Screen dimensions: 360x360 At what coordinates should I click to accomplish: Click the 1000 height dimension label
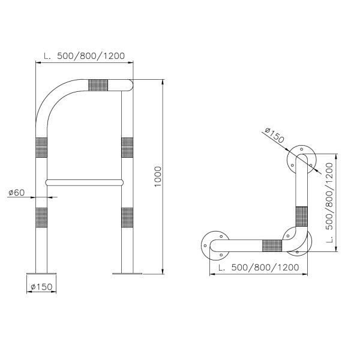click(x=158, y=176)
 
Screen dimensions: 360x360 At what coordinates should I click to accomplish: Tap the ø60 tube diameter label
click(x=16, y=193)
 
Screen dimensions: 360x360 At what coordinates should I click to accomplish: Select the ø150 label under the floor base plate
click(x=41, y=287)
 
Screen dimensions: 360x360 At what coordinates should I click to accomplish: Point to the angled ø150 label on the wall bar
click(x=275, y=135)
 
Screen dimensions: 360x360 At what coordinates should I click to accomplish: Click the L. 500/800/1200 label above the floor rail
click(x=84, y=56)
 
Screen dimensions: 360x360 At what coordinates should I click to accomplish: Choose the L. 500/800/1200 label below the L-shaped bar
click(x=259, y=267)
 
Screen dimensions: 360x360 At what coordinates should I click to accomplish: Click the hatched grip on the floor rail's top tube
click(x=98, y=85)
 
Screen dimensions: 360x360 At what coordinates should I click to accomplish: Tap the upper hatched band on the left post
click(x=41, y=148)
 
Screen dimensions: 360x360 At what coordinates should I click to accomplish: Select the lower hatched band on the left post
click(x=41, y=218)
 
